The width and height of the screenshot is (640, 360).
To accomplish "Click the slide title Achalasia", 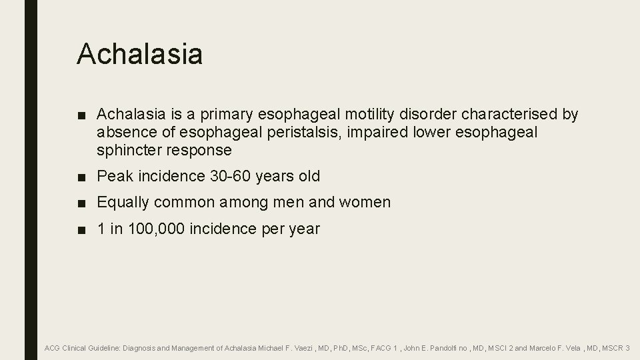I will (139, 53).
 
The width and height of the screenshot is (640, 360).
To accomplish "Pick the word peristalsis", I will (299, 133).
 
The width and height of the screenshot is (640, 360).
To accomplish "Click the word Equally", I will (124, 203).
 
